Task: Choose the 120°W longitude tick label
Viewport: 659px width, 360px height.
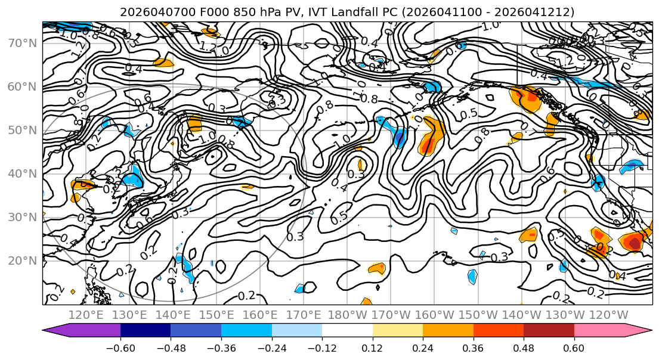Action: pyautogui.click(x=608, y=314)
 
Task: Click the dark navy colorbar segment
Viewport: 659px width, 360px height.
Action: pyautogui.click(x=146, y=331)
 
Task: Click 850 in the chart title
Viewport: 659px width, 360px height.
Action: pyautogui.click(x=233, y=12)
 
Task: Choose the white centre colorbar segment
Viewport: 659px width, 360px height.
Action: pyautogui.click(x=347, y=331)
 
